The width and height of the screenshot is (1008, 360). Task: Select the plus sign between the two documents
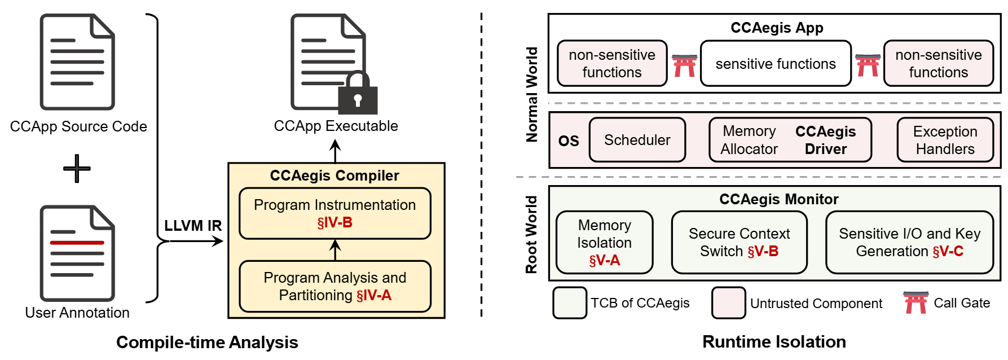77,168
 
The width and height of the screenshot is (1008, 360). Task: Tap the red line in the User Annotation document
77,243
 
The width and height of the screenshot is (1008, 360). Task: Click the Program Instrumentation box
334,213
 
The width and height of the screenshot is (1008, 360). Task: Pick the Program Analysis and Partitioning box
334,286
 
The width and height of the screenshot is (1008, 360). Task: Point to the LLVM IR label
193,226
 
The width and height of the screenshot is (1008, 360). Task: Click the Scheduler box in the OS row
637,140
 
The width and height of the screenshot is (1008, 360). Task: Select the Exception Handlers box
945,140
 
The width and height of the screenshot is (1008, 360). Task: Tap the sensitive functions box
776,64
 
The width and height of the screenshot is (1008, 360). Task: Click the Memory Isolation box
604,242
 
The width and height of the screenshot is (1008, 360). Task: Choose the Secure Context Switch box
739,242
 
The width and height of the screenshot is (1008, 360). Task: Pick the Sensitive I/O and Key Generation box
909,242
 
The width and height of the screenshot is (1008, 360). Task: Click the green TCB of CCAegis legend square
570,303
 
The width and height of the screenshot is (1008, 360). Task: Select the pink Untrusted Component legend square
728,303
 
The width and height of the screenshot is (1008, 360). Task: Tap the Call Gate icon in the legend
915,302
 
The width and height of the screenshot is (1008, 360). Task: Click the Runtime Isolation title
774,341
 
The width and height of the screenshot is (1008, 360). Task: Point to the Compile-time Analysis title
207,342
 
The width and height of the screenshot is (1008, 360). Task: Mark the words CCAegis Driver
825,140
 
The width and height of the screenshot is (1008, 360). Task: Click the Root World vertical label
531,234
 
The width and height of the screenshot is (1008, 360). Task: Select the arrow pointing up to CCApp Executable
335,151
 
